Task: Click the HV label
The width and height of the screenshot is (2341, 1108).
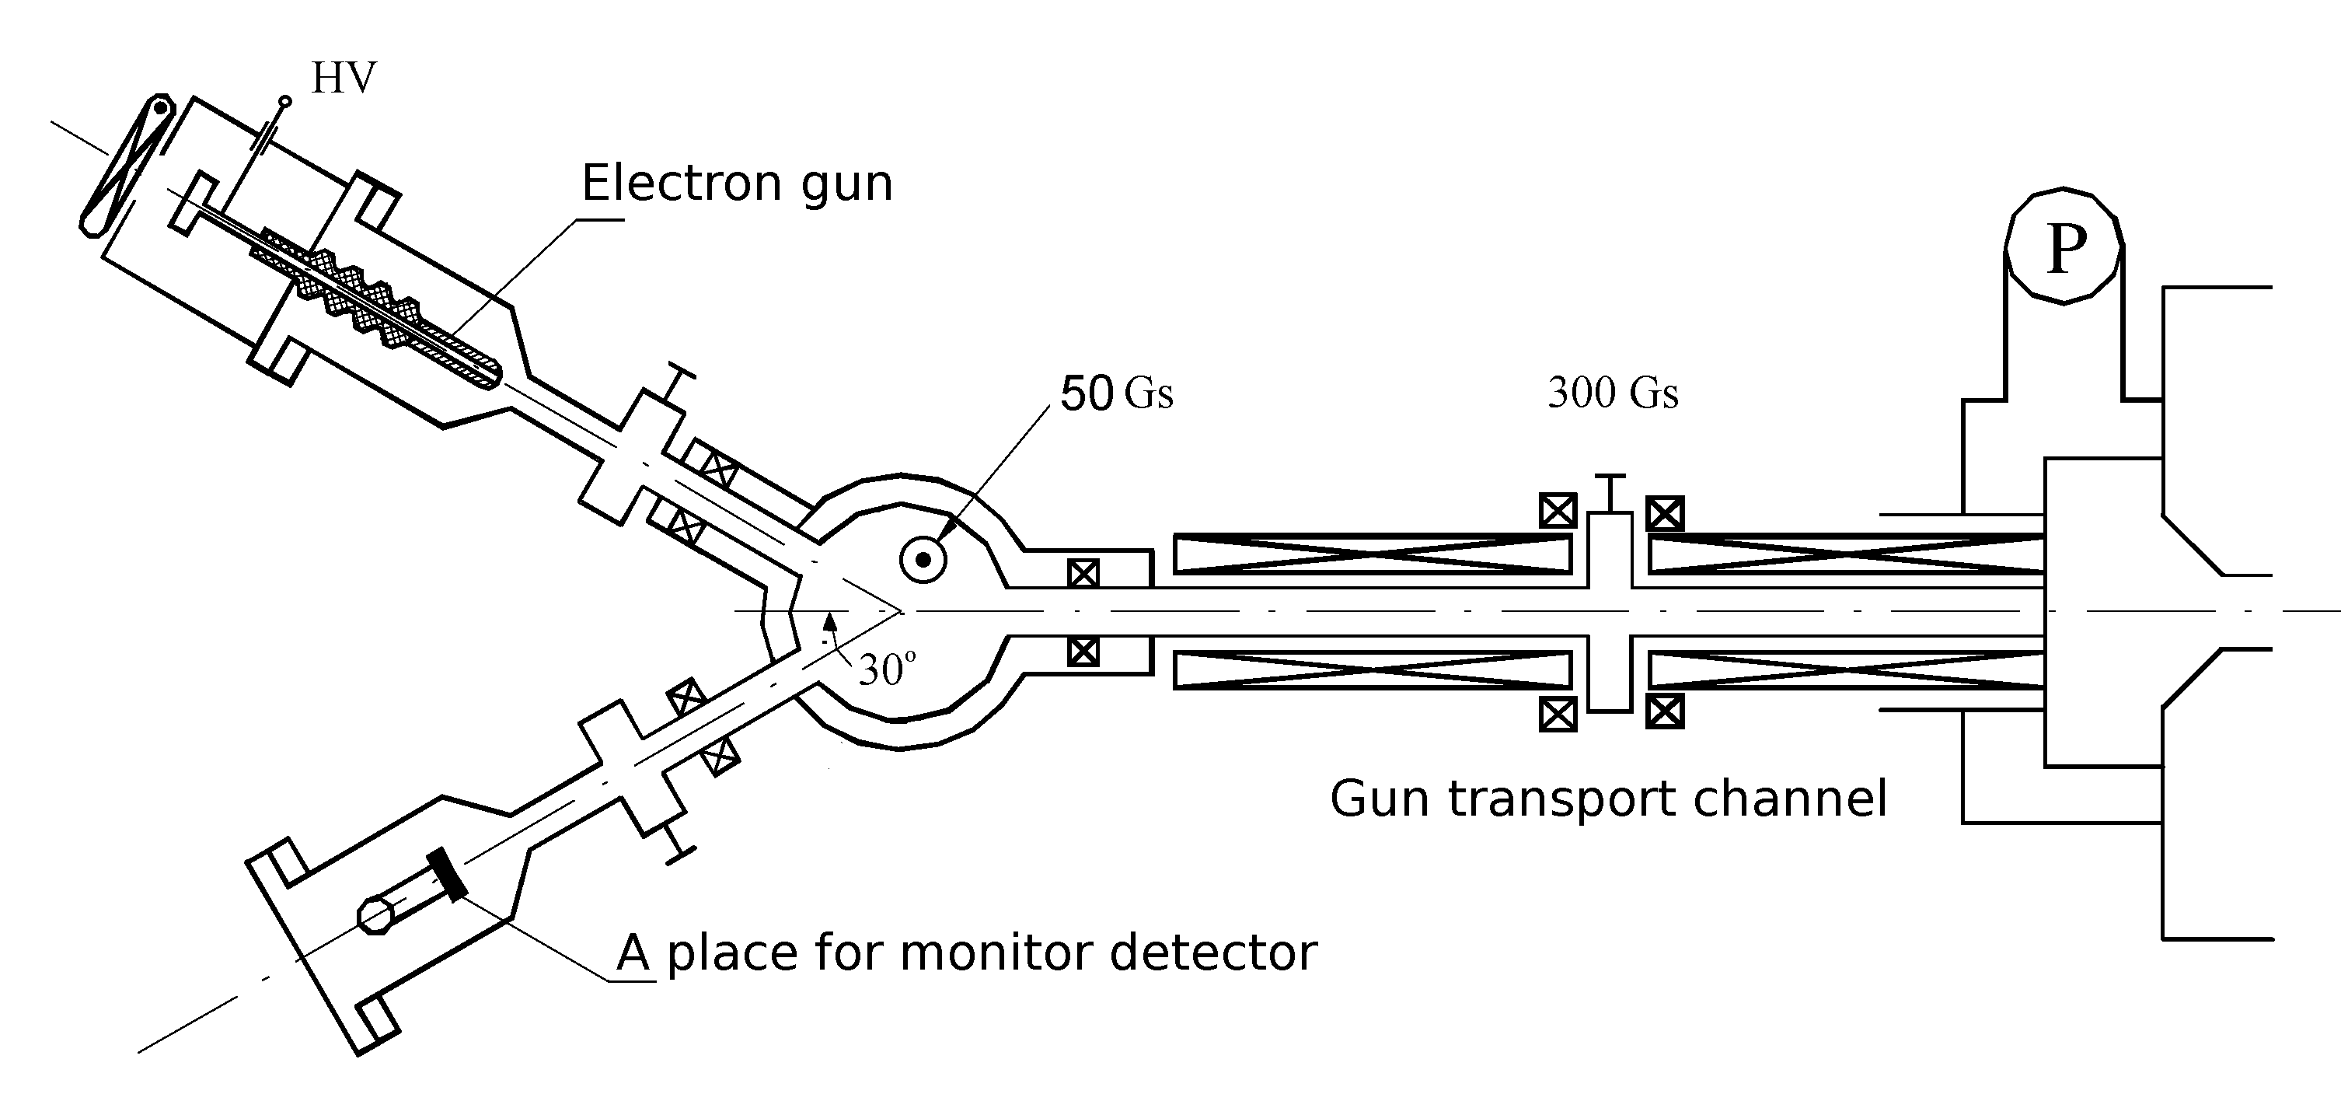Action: click(x=343, y=79)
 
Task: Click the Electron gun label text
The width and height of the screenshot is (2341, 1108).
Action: click(x=737, y=183)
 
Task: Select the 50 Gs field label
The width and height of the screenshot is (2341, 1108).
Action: click(x=1116, y=393)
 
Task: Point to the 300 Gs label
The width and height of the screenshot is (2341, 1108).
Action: click(x=1612, y=393)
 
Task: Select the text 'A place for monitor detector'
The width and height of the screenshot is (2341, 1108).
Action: click(x=966, y=952)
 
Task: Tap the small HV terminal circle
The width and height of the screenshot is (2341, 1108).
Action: click(x=285, y=101)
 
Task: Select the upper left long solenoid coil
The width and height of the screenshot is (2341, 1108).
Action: click(x=1373, y=554)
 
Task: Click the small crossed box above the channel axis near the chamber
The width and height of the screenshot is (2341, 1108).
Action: click(x=1083, y=574)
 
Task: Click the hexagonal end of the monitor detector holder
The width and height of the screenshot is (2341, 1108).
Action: click(x=376, y=914)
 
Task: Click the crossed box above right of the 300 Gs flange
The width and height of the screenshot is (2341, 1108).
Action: click(x=1665, y=513)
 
